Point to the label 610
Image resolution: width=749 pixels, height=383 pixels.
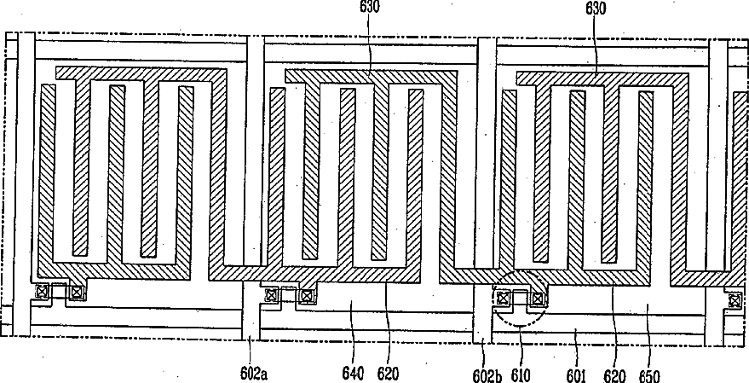519,372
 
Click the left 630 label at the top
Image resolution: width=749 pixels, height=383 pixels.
370,6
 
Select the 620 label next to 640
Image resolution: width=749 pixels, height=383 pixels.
387,372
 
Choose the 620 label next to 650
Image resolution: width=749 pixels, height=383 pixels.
614,372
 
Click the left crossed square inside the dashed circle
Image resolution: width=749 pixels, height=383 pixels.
504,298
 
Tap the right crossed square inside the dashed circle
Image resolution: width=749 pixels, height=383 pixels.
537,298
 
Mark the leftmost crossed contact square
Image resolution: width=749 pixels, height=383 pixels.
41,292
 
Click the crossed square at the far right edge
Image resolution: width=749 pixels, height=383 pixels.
735,299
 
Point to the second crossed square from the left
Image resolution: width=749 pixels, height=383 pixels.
77,292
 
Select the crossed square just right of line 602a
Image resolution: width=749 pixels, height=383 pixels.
272,296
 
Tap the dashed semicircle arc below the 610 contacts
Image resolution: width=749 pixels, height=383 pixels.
519,325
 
